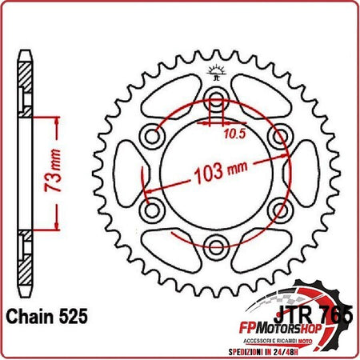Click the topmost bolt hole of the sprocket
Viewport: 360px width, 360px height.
tap(215, 101)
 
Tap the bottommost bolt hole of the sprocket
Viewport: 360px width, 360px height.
tap(215, 246)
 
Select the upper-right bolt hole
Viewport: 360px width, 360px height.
tap(278, 137)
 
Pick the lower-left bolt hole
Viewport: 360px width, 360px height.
tap(152, 210)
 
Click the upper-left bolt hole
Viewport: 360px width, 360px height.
tap(152, 137)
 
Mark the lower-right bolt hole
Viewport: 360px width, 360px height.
tap(278, 210)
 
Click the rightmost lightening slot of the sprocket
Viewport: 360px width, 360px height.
tap(299, 174)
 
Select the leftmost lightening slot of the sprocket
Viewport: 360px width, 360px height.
tap(130, 174)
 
